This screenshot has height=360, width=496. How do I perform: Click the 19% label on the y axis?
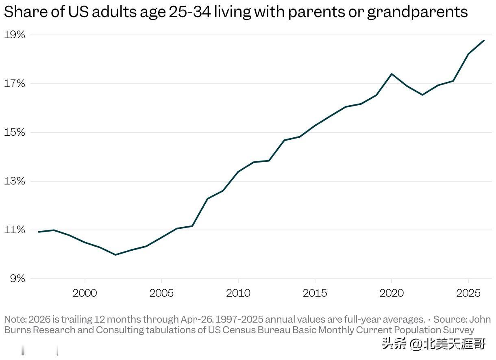15,35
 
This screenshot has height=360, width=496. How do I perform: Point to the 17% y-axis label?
15,84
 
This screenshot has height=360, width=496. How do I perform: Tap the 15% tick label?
15,132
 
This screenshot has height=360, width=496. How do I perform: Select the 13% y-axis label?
15,181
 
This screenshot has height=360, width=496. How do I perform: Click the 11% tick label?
15,230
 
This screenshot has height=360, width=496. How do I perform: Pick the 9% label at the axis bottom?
17,279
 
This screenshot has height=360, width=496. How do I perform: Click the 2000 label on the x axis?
85,293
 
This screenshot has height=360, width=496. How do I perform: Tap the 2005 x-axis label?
161,293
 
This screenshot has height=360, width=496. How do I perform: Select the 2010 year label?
238,293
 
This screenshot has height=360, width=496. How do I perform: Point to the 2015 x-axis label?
315,293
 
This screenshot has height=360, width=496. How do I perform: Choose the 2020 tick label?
392,293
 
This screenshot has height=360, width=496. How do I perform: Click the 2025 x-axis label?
468,293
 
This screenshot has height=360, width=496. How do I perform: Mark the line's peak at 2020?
392,74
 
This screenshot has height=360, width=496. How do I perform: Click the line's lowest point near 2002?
115,255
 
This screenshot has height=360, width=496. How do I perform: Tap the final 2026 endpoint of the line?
484,41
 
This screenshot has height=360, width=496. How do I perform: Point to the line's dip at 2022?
422,95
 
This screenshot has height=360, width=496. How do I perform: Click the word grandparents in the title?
418,12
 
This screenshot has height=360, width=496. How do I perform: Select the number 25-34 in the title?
190,12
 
